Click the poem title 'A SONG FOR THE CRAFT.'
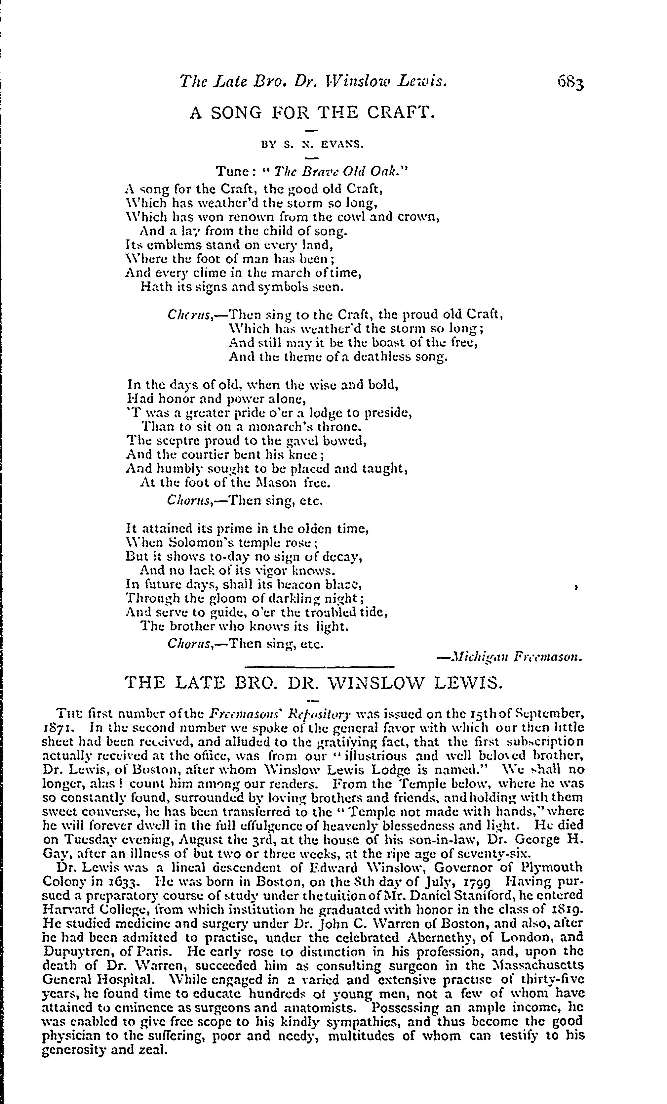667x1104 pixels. pyautogui.click(x=312, y=112)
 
